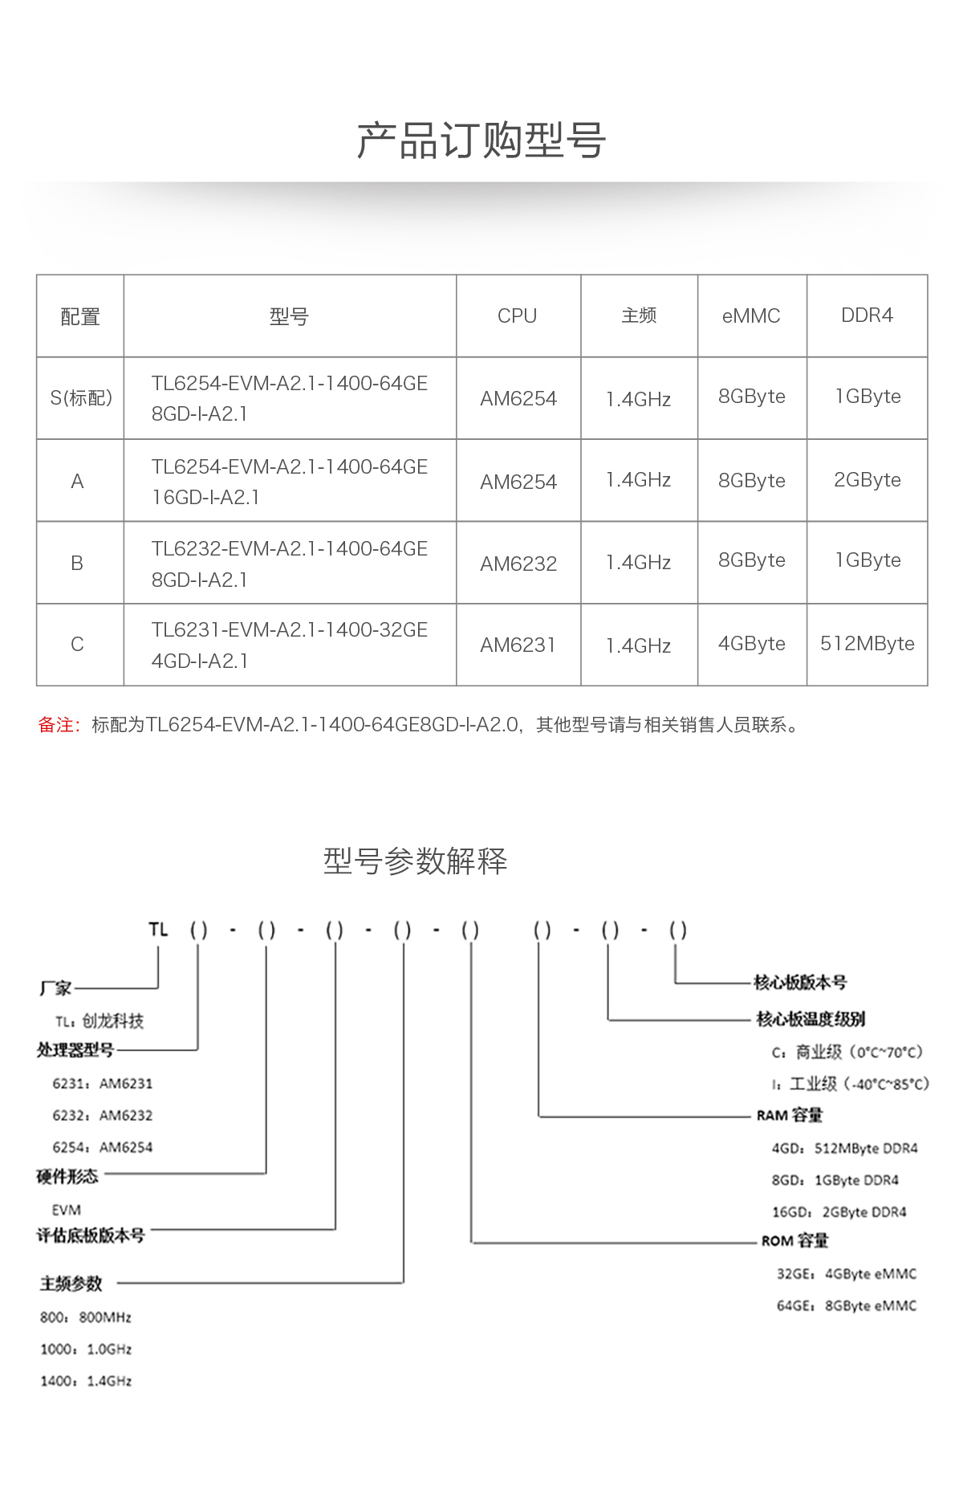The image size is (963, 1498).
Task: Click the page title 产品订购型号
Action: coord(481,141)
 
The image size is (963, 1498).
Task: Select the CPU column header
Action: coord(517,316)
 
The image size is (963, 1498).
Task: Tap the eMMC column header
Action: coord(751,316)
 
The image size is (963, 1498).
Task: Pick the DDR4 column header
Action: coord(867,315)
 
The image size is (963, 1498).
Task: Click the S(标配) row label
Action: coord(81,398)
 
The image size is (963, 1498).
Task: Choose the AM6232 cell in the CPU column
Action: coord(518,564)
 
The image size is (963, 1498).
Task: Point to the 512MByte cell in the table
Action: coord(867,644)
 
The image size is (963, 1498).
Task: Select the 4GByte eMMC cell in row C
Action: coord(752,644)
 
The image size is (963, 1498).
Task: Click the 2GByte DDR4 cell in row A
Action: coord(867,480)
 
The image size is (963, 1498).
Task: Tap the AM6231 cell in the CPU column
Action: coord(518,645)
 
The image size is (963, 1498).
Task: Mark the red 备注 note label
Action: coord(58,726)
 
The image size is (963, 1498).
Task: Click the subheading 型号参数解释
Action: coord(415,861)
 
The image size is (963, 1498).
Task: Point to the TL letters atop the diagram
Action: coord(158,930)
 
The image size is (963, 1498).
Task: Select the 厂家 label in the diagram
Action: coord(55,988)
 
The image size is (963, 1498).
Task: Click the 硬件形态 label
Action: coord(67,1177)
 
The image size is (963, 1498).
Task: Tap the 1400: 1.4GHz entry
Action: coord(86,1381)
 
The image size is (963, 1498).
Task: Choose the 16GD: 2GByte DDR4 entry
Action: coord(839,1212)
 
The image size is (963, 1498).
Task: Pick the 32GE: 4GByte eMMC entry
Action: coord(846,1274)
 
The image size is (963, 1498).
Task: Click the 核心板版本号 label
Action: coord(800,983)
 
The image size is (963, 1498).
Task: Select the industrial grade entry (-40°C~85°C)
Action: coord(851,1085)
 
